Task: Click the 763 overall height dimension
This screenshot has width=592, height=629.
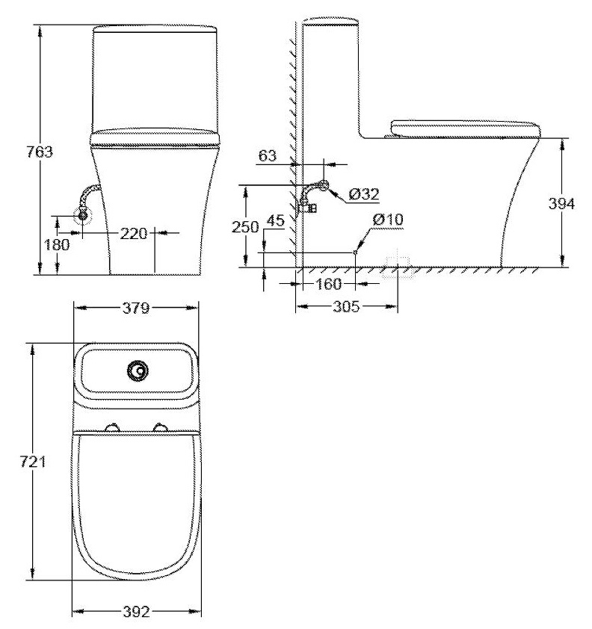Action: pos(19,152)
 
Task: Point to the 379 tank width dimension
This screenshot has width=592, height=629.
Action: pos(137,307)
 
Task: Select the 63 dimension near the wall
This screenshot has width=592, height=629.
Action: pos(268,156)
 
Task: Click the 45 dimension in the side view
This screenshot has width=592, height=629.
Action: pos(275,220)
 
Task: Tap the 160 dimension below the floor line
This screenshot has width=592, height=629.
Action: pos(327,284)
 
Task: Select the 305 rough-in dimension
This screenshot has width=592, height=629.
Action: pos(345,306)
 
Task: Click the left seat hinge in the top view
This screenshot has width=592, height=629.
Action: pos(113,428)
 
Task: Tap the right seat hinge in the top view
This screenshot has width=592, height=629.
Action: pos(160,428)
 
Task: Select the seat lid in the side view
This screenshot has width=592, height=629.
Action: pos(463,128)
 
